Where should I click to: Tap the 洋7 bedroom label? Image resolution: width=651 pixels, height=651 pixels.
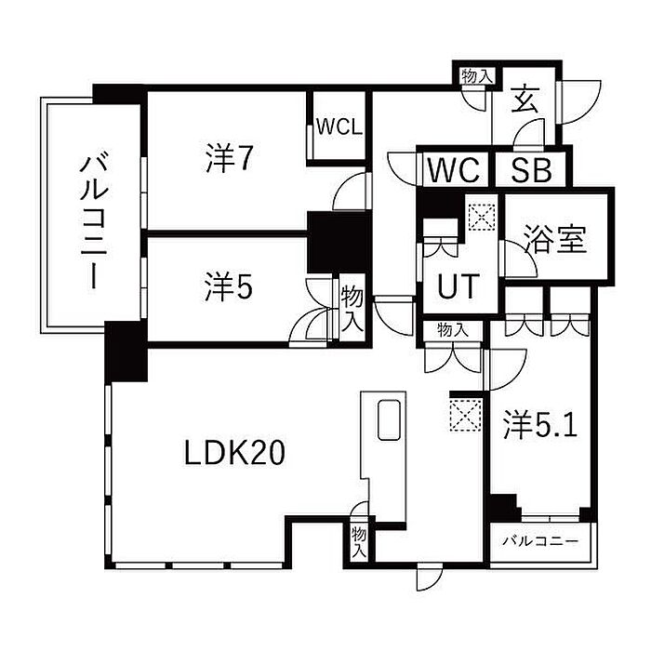click(229, 158)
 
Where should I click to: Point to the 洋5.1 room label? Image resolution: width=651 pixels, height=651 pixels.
click(540, 425)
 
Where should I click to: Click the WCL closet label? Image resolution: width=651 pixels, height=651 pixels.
click(339, 127)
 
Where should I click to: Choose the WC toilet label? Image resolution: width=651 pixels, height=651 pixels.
click(454, 170)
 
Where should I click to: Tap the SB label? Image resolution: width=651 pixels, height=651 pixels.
click(531, 170)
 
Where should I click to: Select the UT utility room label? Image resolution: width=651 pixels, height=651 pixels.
click(458, 286)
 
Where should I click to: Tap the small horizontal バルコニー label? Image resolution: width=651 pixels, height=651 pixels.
click(540, 541)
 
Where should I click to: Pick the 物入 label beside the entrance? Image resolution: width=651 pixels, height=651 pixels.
click(476, 76)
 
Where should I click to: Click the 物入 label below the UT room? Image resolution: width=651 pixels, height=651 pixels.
click(453, 330)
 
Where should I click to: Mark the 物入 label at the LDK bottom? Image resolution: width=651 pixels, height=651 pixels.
click(359, 542)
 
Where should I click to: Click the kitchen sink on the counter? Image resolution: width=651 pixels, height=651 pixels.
click(389, 419)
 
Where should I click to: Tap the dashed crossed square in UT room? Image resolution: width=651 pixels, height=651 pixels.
click(482, 217)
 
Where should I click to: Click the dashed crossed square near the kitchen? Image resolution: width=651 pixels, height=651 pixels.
click(466, 415)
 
